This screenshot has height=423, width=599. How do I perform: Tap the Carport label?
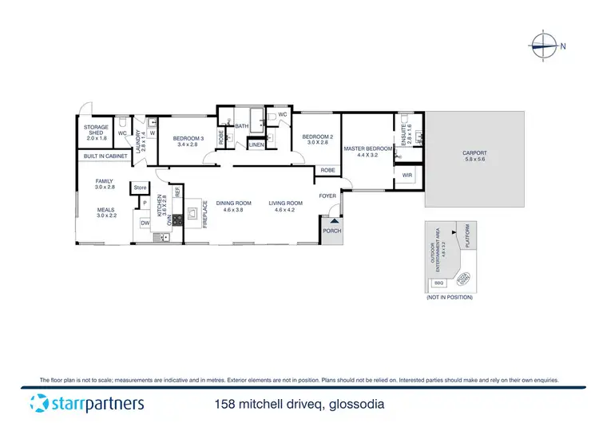point(474,156)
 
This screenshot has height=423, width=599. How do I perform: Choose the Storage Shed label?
point(96,133)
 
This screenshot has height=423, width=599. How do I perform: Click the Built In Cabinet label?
point(105,156)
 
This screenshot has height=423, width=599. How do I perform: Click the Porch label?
point(331,231)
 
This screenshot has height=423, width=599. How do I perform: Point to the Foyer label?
point(327,196)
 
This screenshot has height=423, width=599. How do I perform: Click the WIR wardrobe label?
point(407,175)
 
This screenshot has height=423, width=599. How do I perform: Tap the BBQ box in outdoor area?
point(438,283)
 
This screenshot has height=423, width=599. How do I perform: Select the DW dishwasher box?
point(145,223)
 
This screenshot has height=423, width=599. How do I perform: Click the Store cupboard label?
point(140,188)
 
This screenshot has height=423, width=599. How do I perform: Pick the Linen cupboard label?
point(256,144)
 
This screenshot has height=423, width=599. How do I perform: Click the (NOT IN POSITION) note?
point(450,297)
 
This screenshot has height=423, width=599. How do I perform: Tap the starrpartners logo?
point(77,403)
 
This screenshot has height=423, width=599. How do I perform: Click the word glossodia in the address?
point(355,404)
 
